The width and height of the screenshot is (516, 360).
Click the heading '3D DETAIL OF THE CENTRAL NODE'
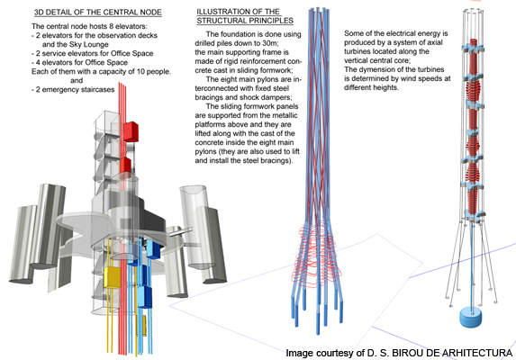[x=98, y=13]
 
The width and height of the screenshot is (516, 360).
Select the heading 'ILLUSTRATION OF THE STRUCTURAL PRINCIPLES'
[x=245, y=16]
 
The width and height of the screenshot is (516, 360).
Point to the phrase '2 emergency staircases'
[x=75, y=89]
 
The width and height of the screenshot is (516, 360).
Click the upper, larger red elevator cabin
[x=131, y=131]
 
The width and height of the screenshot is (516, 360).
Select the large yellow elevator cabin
[x=113, y=277]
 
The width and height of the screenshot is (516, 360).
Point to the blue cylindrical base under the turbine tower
[x=471, y=317]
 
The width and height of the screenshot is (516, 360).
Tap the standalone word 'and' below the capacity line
[x=77, y=80]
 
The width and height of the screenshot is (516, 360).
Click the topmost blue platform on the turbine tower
[x=473, y=49]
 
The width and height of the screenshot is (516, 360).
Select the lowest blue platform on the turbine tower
[x=475, y=214]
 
